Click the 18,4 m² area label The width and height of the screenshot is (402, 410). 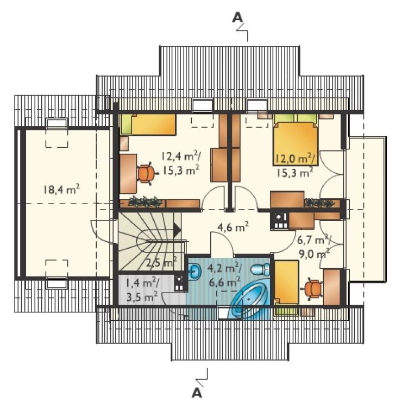pos(62,190)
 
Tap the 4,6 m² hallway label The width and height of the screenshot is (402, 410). pos(233,227)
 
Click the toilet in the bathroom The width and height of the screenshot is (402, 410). pos(260,269)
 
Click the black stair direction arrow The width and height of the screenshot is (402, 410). pos(177,230)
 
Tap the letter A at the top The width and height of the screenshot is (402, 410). pos(237,17)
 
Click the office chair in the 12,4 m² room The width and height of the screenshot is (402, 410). pos(147,173)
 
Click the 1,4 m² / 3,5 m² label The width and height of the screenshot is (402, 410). pos(142,290)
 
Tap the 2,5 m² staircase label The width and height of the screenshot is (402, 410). pos(161,262)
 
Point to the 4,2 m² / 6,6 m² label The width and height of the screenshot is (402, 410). pos(225,275)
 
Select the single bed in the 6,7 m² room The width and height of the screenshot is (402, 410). pos(286,282)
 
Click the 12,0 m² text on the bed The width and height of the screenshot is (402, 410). pos(296,158)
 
